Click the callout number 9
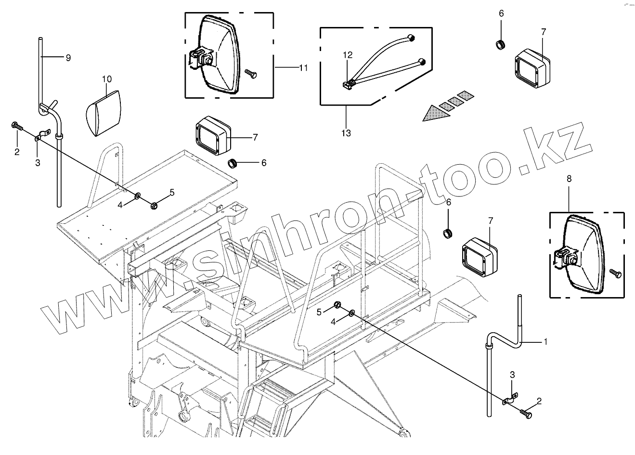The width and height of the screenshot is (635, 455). [x=68, y=57]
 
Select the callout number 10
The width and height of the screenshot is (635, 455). [x=106, y=78]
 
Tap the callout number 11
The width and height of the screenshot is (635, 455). [x=303, y=68]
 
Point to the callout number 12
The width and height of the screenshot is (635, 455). [x=348, y=55]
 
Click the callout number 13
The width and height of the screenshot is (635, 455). [x=346, y=133]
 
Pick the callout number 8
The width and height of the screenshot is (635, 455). [x=569, y=178]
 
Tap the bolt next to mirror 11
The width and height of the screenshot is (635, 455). [x=251, y=73]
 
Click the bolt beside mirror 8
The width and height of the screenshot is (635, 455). [x=615, y=273]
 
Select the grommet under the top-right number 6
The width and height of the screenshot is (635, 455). [x=501, y=45]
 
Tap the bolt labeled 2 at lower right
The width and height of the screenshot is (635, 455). [x=526, y=412]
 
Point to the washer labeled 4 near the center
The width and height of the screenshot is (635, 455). [x=352, y=313]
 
